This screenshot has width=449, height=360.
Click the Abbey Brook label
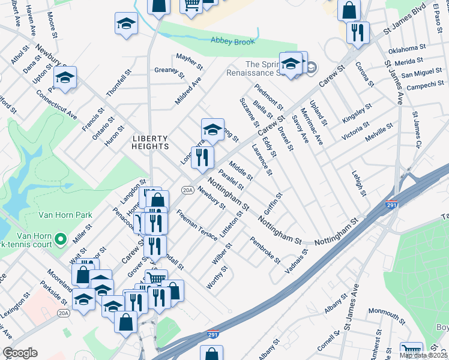(232, 41)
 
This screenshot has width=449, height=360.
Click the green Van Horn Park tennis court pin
(60, 239)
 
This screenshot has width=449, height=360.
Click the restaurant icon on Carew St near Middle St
(202, 157)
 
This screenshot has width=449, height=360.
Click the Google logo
(20, 353)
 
